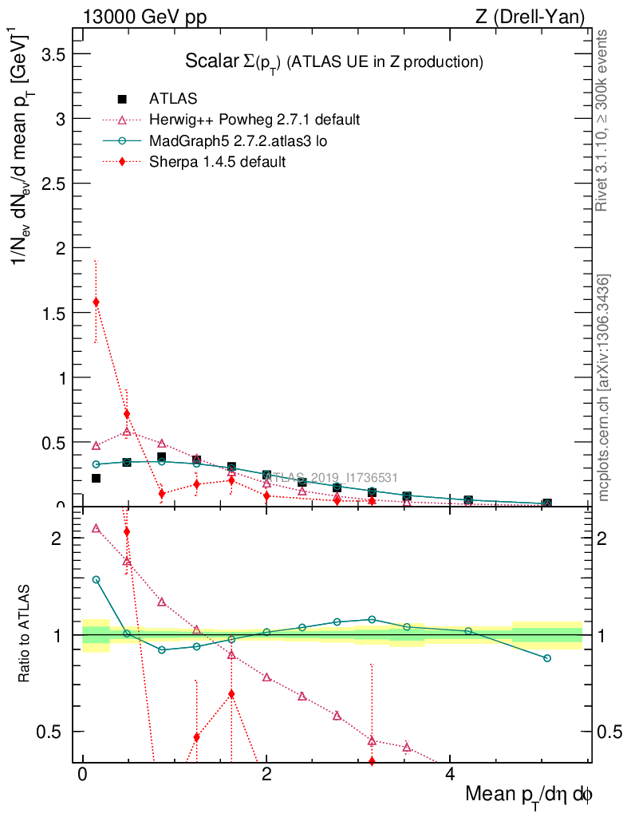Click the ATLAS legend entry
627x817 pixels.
pyautogui.click(x=173, y=99)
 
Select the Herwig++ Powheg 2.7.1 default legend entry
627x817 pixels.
pyautogui.click(x=254, y=120)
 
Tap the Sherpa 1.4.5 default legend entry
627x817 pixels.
pyautogui.click(x=217, y=161)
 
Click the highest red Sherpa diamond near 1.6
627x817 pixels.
pyautogui.click(x=96, y=302)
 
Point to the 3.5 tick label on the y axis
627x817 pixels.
pyautogui.click(x=53, y=53)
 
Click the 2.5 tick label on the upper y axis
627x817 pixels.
pyautogui.click(x=53, y=183)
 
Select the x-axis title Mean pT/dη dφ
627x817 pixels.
pyautogui.click(x=529, y=795)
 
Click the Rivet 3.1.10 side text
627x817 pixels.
pyautogui.click(x=602, y=120)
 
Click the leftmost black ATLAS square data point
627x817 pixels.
pyautogui.click(x=96, y=478)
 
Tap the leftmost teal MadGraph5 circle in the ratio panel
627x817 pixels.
pyautogui.click(x=96, y=580)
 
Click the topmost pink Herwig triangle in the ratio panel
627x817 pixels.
pyautogui.click(x=96, y=528)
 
